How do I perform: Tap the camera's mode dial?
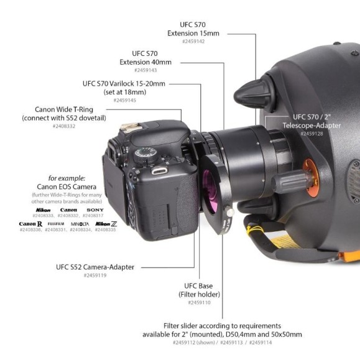[147, 152]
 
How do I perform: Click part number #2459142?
[197, 41]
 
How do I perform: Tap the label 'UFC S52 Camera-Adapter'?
[95, 267]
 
